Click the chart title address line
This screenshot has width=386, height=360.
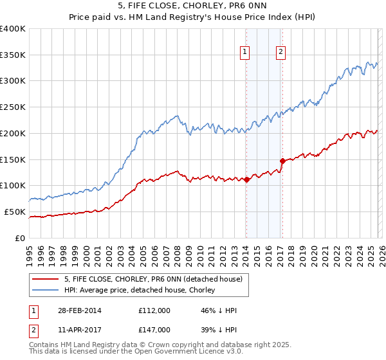point(193,6)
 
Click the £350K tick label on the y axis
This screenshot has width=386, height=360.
point(13,55)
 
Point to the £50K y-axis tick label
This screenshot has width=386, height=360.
point(15,212)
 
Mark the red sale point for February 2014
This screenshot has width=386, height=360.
point(246,180)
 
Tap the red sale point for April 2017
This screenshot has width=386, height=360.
point(282,161)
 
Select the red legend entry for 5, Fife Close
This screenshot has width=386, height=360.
point(153,279)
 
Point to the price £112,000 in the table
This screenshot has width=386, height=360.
point(154,310)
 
